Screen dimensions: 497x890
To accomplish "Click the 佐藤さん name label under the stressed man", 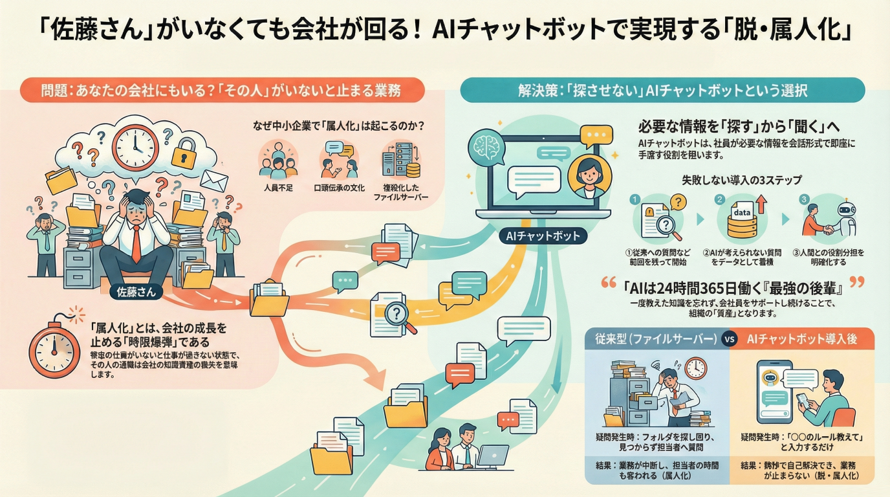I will click(x=136, y=292).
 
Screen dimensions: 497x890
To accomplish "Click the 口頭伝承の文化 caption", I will click(x=339, y=188).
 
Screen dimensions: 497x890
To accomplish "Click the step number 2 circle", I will click(x=719, y=199).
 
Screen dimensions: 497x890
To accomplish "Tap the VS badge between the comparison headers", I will click(x=730, y=339).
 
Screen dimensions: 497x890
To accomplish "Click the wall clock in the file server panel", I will click(x=695, y=368).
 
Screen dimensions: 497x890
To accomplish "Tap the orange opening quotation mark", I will click(x=608, y=283).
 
